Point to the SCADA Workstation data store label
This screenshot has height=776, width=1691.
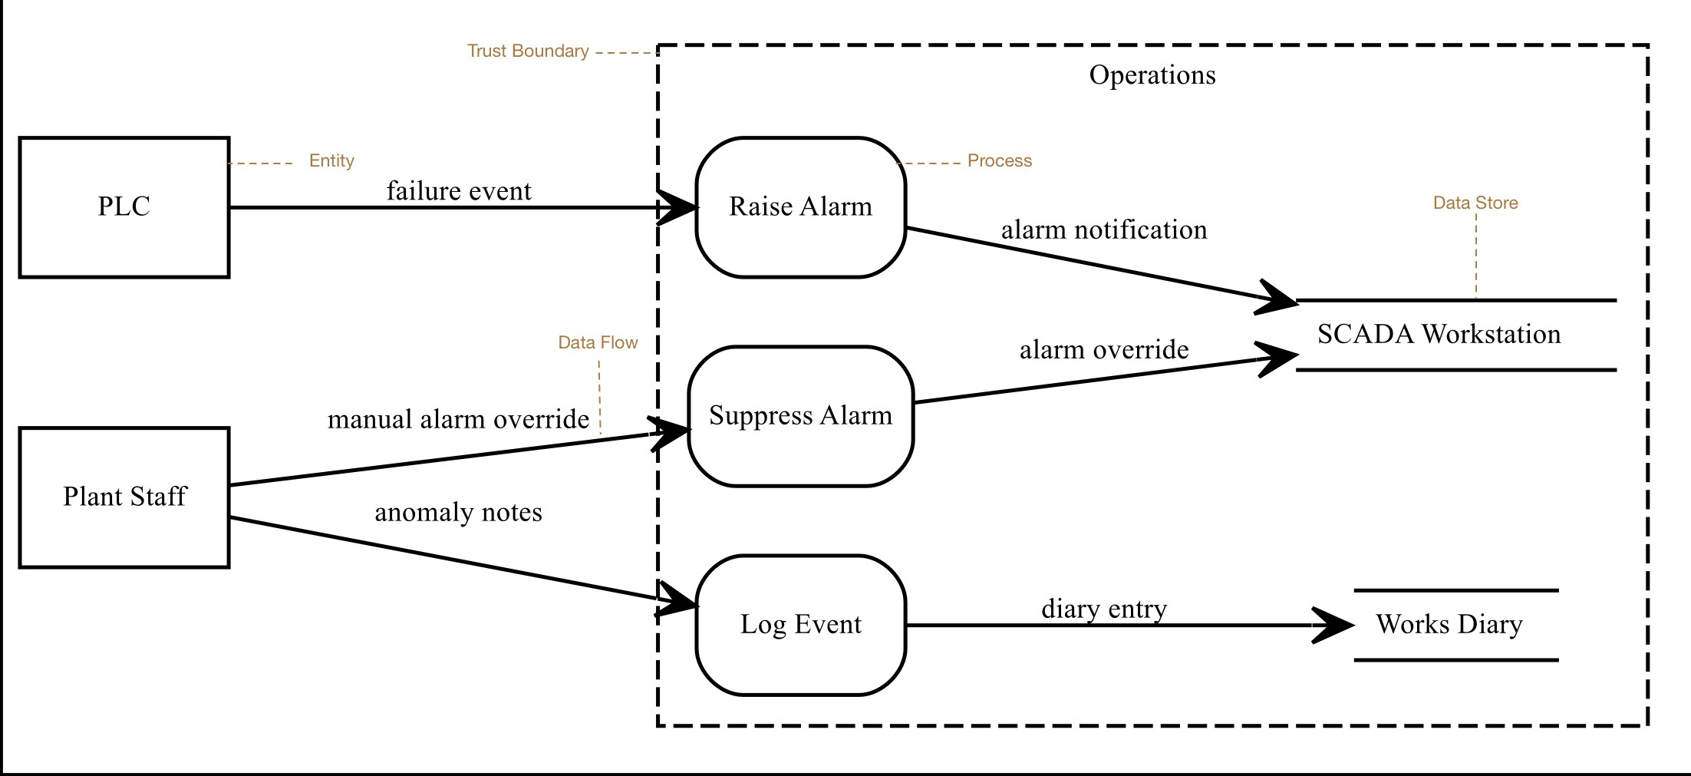click(x=1439, y=334)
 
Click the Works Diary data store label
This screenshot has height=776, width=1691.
click(x=1449, y=625)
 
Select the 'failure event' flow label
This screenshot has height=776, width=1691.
click(x=459, y=190)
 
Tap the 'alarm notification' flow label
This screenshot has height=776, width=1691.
click(x=1104, y=229)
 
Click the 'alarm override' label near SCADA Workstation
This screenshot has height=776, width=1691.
click(x=1104, y=349)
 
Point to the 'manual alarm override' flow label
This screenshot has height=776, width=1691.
click(x=459, y=419)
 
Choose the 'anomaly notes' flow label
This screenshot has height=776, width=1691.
click(x=459, y=512)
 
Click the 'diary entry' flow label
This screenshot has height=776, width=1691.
click(x=1104, y=609)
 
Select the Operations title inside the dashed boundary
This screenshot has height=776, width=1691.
click(x=1152, y=75)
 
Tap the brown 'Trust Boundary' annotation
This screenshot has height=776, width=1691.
click(x=528, y=51)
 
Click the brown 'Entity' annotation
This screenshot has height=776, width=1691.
click(x=331, y=160)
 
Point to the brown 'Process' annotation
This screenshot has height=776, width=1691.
click(x=1000, y=160)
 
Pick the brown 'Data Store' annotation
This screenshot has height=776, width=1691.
click(x=1475, y=203)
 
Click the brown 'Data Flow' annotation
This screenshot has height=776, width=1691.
click(x=598, y=342)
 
